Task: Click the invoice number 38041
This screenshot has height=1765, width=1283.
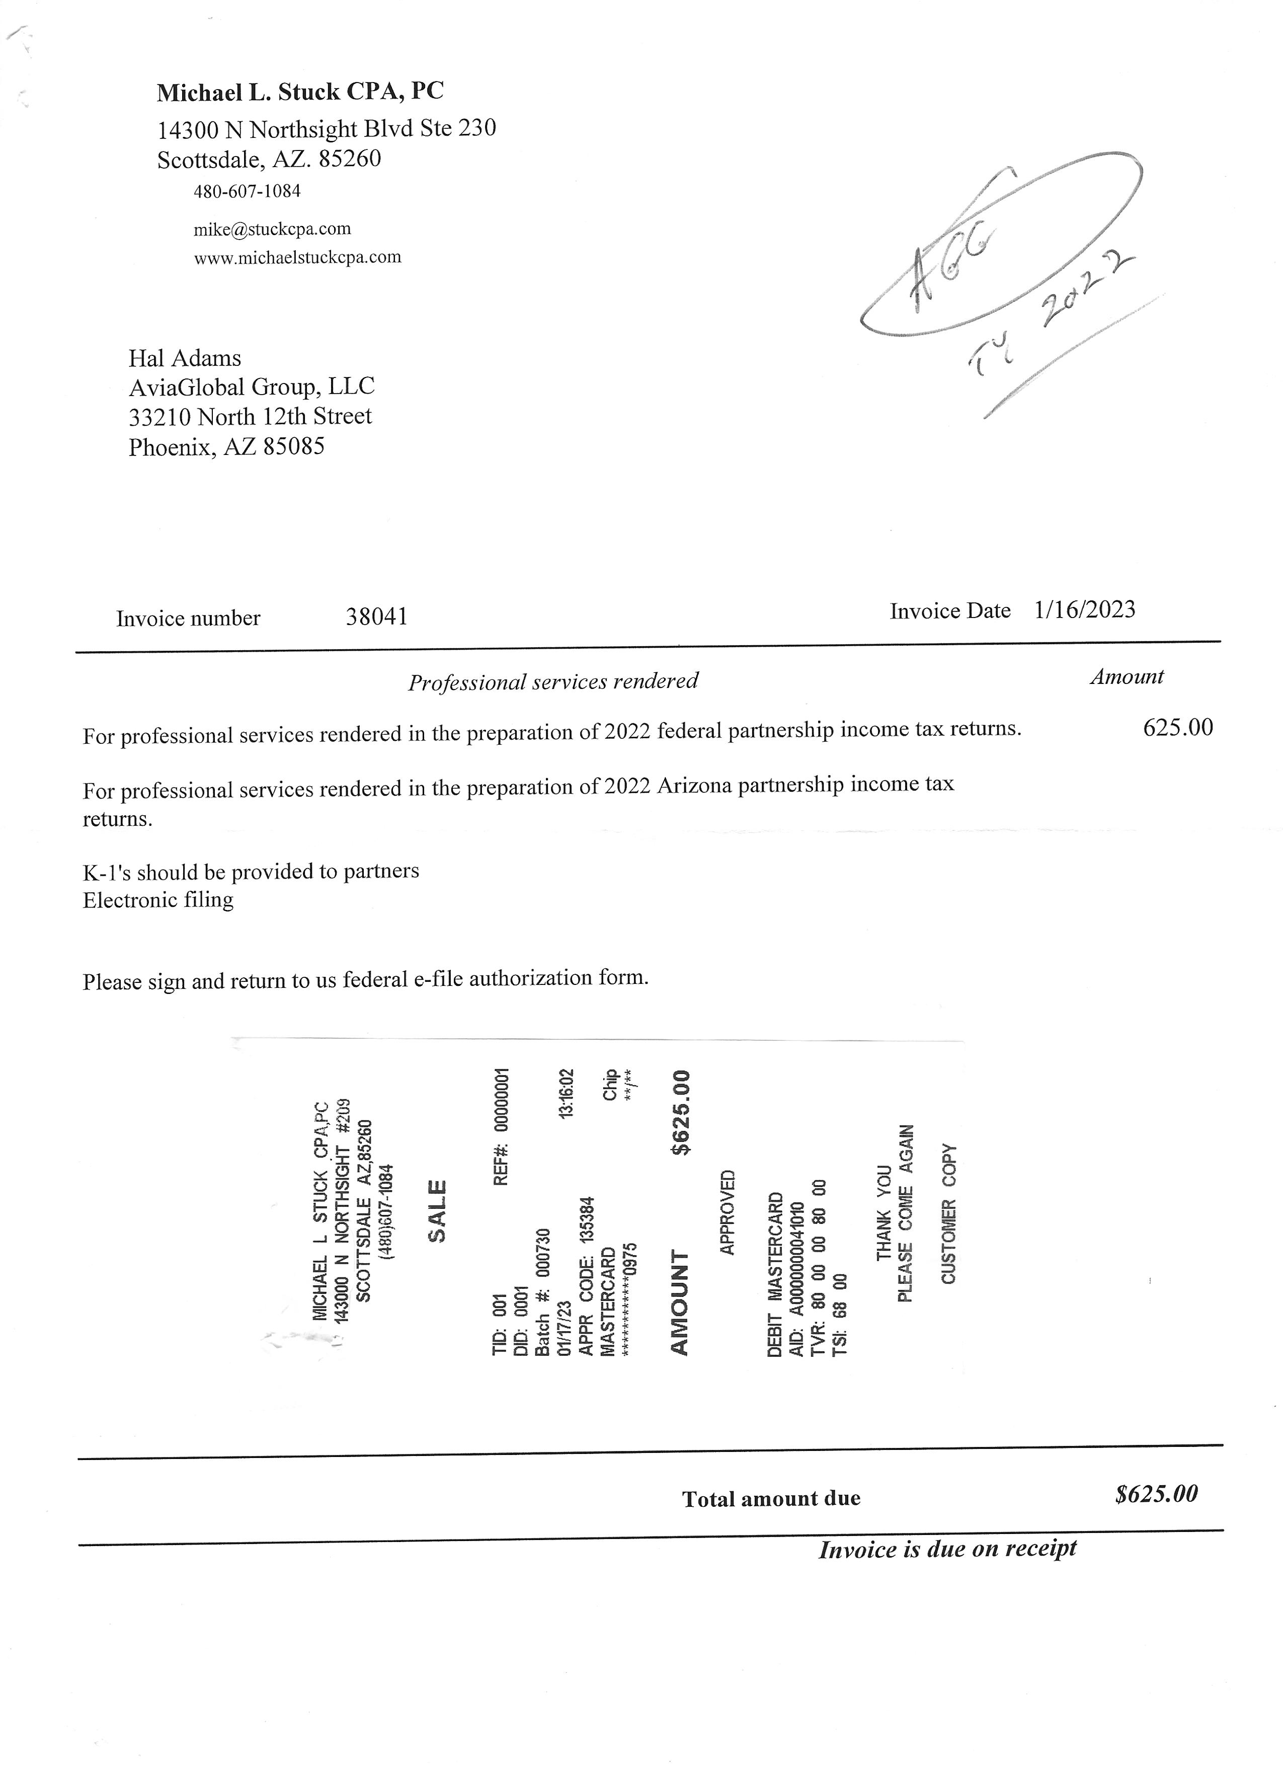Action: point(376,617)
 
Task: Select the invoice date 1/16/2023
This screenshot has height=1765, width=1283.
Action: point(1085,609)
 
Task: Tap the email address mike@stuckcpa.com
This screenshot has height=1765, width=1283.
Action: point(272,229)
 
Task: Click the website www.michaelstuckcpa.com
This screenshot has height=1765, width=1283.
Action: point(297,258)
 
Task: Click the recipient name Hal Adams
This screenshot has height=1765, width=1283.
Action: point(185,358)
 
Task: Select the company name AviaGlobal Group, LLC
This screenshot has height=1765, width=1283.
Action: point(251,387)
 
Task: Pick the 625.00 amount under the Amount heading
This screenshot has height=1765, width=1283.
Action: point(1177,728)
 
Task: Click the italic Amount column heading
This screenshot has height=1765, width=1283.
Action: point(1126,677)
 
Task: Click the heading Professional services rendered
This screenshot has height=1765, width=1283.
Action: point(553,682)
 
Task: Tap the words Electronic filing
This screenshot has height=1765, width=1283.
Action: point(158,900)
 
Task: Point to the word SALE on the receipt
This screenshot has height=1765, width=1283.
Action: point(437,1211)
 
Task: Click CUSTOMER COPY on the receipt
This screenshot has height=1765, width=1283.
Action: point(948,1213)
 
